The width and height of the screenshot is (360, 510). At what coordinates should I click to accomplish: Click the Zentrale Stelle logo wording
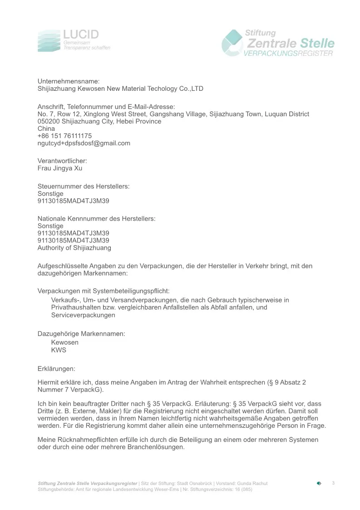290,44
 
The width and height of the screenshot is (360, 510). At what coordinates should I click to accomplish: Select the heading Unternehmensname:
68,81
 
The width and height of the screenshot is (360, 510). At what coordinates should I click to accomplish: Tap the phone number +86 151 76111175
64,136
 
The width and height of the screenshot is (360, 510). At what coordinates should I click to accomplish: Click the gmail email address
84,143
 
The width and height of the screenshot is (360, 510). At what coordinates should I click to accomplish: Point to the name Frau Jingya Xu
60,168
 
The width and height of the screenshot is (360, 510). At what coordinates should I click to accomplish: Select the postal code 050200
48,121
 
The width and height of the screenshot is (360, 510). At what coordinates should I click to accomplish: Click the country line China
46,129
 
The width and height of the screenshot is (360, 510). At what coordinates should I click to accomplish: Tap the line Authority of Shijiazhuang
74,248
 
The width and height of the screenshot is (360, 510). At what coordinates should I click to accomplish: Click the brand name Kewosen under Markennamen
65,342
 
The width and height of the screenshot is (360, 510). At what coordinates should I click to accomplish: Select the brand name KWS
59,350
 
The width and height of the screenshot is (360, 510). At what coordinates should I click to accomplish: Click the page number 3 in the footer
333,483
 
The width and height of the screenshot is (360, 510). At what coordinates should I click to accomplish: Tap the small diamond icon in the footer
319,483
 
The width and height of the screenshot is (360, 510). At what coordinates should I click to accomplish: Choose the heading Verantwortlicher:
62,161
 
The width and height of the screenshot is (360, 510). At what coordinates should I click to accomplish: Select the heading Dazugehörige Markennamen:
81,334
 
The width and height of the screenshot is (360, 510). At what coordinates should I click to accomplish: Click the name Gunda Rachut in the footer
252,483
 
